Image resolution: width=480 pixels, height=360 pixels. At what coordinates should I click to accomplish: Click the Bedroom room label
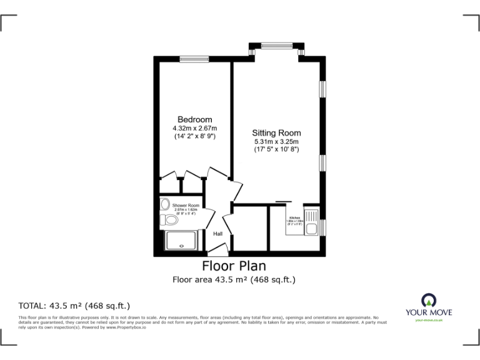tap(194, 119)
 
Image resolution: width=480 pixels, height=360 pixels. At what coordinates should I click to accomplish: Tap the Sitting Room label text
tap(276, 132)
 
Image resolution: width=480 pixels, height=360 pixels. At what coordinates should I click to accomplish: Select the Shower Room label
tap(186, 206)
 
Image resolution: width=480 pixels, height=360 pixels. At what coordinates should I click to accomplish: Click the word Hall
tap(218, 234)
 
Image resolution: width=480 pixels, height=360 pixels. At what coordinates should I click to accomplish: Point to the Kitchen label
tap(294, 218)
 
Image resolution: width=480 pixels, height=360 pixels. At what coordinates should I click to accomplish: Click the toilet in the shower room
tap(169, 220)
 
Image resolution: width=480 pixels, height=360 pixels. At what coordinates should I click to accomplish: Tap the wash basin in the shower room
tap(164, 204)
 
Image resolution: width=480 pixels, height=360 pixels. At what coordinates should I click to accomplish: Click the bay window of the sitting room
tap(276, 45)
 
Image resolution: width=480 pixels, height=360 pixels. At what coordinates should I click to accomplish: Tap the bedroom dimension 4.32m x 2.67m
tap(194, 128)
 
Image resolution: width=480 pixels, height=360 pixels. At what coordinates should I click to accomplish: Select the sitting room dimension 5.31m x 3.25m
tap(276, 141)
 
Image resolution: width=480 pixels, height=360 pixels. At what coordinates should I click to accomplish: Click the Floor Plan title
tap(234, 266)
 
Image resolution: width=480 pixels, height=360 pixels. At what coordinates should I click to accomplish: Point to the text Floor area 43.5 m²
tap(234, 280)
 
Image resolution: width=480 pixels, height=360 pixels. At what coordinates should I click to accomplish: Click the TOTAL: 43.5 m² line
tap(74, 306)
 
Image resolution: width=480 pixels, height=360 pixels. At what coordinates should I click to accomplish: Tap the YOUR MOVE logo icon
tap(429, 299)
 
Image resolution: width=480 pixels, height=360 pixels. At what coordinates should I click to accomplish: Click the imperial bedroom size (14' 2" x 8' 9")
tap(194, 136)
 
